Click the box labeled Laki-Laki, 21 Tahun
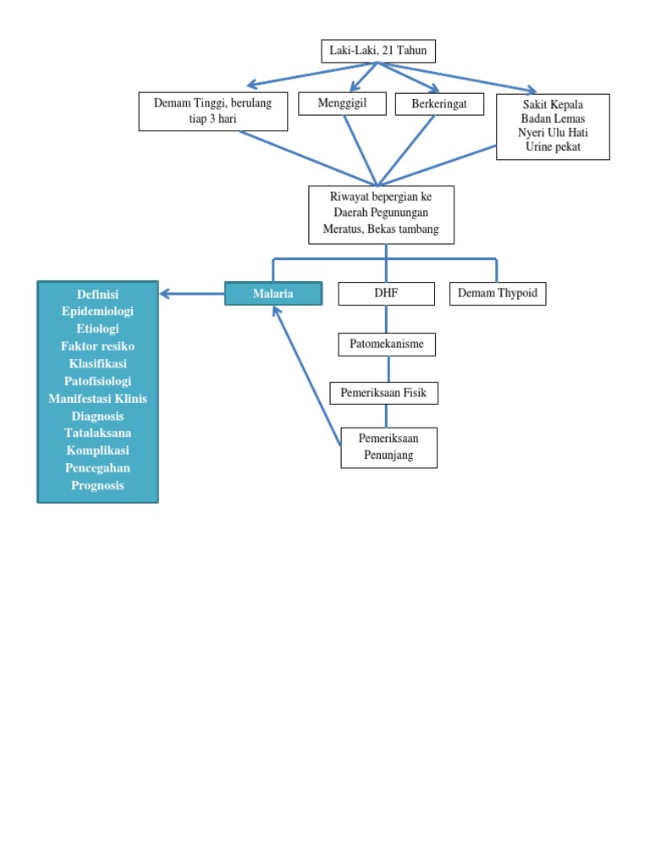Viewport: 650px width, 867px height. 378,52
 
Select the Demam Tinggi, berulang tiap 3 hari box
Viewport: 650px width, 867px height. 213,112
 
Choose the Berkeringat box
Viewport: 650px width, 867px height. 439,103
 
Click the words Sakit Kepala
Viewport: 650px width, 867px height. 553,105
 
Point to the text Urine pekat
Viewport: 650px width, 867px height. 553,147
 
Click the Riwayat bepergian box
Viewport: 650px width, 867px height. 381,214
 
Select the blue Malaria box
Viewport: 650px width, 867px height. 273,294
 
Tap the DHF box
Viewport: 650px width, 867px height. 386,294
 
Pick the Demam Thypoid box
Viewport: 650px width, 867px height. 498,294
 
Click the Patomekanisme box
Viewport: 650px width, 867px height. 387,344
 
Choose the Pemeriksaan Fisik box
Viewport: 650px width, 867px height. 383,393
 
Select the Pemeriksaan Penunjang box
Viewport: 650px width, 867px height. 388,448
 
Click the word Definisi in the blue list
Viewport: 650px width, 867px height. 98,294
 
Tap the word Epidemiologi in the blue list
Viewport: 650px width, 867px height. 98,312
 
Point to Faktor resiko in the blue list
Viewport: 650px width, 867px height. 98,346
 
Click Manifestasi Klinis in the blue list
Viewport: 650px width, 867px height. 98,399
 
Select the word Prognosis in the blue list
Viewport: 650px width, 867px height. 98,485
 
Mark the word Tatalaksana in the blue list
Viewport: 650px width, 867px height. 98,433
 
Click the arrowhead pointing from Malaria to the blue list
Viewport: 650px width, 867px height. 165,294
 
